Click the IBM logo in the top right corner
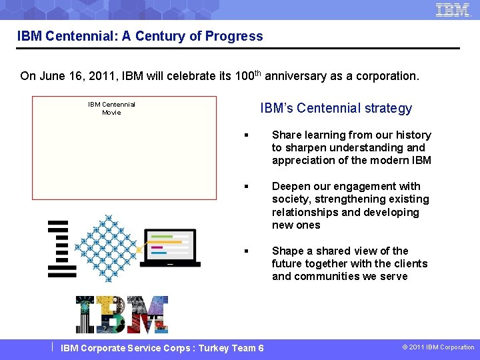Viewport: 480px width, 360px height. tap(453, 10)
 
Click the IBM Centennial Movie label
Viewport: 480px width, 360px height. tap(111, 108)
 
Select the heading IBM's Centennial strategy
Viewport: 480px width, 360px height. tap(336, 108)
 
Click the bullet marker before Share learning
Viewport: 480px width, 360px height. tap(247, 135)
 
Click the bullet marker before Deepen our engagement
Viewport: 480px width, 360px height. tap(247, 187)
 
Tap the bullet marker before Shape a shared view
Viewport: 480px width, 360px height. tap(247, 251)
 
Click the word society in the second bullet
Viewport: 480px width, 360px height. tap(291, 199)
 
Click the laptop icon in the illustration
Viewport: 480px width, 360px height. tap(171, 247)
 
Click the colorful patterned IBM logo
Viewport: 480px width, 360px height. tap(121, 315)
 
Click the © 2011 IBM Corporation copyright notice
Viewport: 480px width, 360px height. tap(437, 347)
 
